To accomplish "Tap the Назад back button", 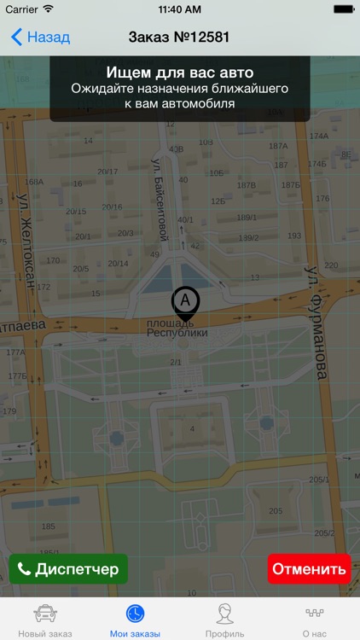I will (x=40, y=38).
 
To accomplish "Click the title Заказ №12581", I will (x=179, y=38).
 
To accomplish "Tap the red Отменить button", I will (x=309, y=569).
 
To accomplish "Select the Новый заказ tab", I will (x=45, y=620).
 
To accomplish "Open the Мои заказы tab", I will (x=135, y=620).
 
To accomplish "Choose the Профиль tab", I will (x=225, y=620).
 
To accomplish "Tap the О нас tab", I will (x=315, y=620).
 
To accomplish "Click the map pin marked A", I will (x=185, y=302).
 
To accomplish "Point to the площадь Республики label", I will (x=177, y=328).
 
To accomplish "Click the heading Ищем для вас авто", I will (x=179, y=73).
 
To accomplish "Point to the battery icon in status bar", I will (x=343, y=9).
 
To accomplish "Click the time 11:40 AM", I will (x=179, y=9).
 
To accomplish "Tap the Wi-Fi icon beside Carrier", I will (x=48, y=9).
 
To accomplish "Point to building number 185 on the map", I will (x=49, y=527).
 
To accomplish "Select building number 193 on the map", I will (x=294, y=236).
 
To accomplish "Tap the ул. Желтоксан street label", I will (x=26, y=243).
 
